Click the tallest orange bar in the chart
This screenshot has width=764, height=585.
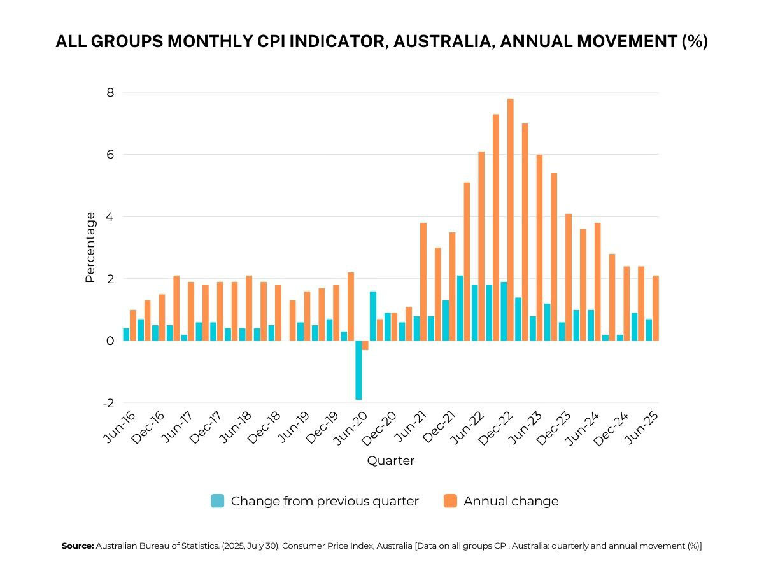[x=510, y=220]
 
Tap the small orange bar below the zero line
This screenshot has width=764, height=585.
[x=365, y=346]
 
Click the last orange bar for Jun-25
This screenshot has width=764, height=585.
[x=656, y=308]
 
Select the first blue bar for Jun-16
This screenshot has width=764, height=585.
[x=126, y=334]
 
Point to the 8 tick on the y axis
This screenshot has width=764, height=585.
[x=110, y=93]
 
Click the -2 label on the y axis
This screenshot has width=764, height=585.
[x=108, y=404]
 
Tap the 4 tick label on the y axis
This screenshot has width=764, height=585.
[x=110, y=217]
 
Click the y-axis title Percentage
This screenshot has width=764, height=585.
[x=90, y=248]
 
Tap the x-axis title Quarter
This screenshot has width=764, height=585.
[x=390, y=461]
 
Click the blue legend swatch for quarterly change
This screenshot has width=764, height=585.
[x=218, y=501]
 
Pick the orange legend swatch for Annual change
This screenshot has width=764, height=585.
[x=450, y=501]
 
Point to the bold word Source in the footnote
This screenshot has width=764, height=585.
[x=77, y=546]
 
